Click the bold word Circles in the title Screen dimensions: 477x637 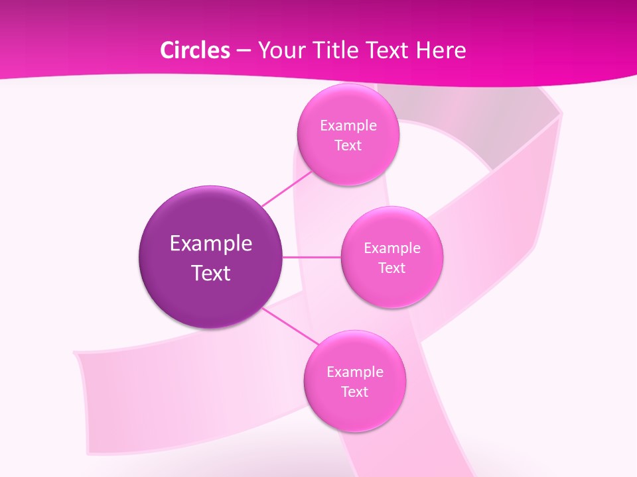click(x=195, y=50)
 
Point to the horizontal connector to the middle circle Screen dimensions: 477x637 click(x=312, y=257)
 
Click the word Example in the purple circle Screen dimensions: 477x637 click(x=211, y=244)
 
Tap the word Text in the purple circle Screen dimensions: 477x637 click(x=211, y=273)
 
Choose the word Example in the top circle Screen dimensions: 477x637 click(x=348, y=126)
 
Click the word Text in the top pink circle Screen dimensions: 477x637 click(x=348, y=146)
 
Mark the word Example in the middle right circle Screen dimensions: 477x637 click(x=392, y=248)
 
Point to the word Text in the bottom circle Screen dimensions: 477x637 click(x=355, y=392)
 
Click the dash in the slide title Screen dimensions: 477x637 click(x=243, y=50)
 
